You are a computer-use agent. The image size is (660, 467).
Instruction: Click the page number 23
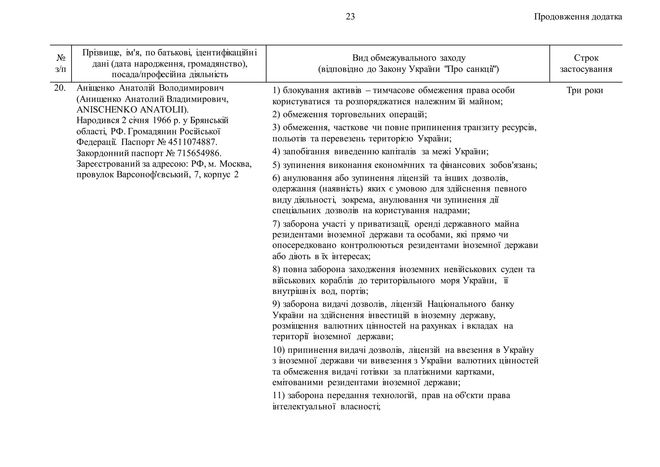350,17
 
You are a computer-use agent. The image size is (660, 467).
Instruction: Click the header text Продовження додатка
578,17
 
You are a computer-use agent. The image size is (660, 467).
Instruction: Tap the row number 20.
60,88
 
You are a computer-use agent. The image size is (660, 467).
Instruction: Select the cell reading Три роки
585,90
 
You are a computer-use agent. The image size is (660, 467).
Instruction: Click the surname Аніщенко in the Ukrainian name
95,88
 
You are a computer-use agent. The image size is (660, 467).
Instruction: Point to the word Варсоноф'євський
152,175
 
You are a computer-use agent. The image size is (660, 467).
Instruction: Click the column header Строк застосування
586,64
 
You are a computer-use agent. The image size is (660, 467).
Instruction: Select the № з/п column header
61,64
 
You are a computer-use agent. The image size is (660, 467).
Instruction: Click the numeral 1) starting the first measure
276,91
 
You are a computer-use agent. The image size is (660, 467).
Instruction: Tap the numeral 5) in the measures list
276,165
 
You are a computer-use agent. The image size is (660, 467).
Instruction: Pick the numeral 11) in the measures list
278,395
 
